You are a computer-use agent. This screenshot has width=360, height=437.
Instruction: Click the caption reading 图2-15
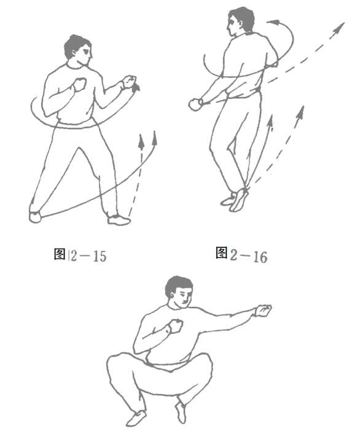tap(80, 255)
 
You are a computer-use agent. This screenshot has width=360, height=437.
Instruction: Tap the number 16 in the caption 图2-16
tap(260, 257)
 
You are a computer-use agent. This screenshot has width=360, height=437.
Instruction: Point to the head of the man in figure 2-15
tap(77, 50)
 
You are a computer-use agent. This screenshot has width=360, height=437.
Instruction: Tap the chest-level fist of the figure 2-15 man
tap(79, 84)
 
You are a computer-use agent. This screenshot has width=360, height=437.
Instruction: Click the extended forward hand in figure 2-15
tap(129, 82)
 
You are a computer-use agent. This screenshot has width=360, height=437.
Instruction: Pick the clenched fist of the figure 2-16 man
tap(196, 104)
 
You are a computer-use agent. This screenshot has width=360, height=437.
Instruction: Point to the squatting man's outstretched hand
tap(263, 311)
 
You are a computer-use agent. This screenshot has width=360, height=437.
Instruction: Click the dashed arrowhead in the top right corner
tap(338, 28)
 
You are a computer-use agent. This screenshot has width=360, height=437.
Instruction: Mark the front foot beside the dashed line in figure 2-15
tap(119, 220)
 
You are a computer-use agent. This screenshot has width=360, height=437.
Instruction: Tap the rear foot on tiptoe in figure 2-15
tap(35, 217)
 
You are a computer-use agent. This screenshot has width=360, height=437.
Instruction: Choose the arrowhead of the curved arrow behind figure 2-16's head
tap(273, 22)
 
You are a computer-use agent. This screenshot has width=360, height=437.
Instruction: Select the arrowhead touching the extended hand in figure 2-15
tap(136, 87)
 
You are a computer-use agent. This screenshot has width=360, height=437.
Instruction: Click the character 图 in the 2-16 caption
tap(222, 253)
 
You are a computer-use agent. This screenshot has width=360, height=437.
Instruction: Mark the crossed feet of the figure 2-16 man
tap(235, 199)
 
